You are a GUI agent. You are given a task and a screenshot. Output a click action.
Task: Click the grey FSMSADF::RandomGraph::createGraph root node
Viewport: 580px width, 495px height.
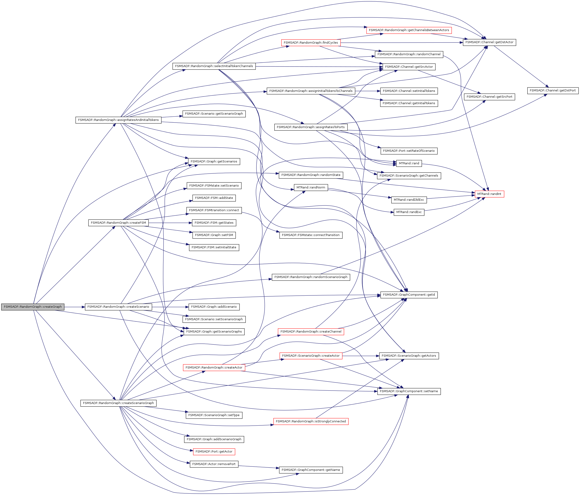coord(32,307)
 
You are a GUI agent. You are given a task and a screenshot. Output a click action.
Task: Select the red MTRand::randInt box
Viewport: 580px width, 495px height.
coord(489,194)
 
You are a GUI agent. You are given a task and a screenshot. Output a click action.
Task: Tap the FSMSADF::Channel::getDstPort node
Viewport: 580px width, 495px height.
coord(553,90)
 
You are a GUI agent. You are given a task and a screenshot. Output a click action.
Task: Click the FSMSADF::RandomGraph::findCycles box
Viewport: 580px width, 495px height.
coord(311,42)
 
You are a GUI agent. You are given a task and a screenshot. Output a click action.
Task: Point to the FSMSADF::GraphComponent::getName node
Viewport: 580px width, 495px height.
coord(311,470)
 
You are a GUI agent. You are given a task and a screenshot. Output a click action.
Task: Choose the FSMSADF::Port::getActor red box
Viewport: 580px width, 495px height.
coord(214,451)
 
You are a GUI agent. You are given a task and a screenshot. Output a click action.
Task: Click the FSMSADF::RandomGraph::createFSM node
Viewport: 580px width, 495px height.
coord(118,223)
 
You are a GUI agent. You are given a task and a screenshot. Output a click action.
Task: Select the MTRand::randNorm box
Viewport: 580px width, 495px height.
coord(311,188)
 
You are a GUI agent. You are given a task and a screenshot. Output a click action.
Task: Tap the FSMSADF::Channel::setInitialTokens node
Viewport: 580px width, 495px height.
coord(409,91)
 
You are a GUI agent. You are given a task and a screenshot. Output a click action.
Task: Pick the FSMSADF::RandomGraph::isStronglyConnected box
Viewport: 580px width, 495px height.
coord(311,421)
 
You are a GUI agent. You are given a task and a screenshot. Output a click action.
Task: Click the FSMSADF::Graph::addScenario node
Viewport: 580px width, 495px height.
coord(214,307)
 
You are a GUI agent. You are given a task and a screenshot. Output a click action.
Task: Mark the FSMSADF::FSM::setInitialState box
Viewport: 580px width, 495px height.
coord(214,247)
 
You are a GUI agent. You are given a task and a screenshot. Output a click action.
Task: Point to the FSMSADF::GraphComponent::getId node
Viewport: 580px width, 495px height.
coord(409,295)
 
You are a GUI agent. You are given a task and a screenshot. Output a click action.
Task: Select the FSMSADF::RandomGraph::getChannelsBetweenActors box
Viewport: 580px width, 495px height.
coord(409,30)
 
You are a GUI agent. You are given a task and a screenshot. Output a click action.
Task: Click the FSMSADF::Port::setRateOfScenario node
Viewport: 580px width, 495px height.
coord(409,151)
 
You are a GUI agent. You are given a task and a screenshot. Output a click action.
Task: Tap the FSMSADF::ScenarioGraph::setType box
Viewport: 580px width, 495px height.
coord(214,415)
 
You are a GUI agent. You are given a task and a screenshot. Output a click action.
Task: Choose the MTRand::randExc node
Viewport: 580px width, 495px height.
coord(409,212)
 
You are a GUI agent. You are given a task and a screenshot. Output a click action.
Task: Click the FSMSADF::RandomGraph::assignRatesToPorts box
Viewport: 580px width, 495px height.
coord(311,127)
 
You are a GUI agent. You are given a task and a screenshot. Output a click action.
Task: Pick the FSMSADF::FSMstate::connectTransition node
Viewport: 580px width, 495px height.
coord(311,235)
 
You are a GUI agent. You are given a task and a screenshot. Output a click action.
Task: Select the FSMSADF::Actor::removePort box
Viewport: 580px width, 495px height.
coord(214,464)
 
